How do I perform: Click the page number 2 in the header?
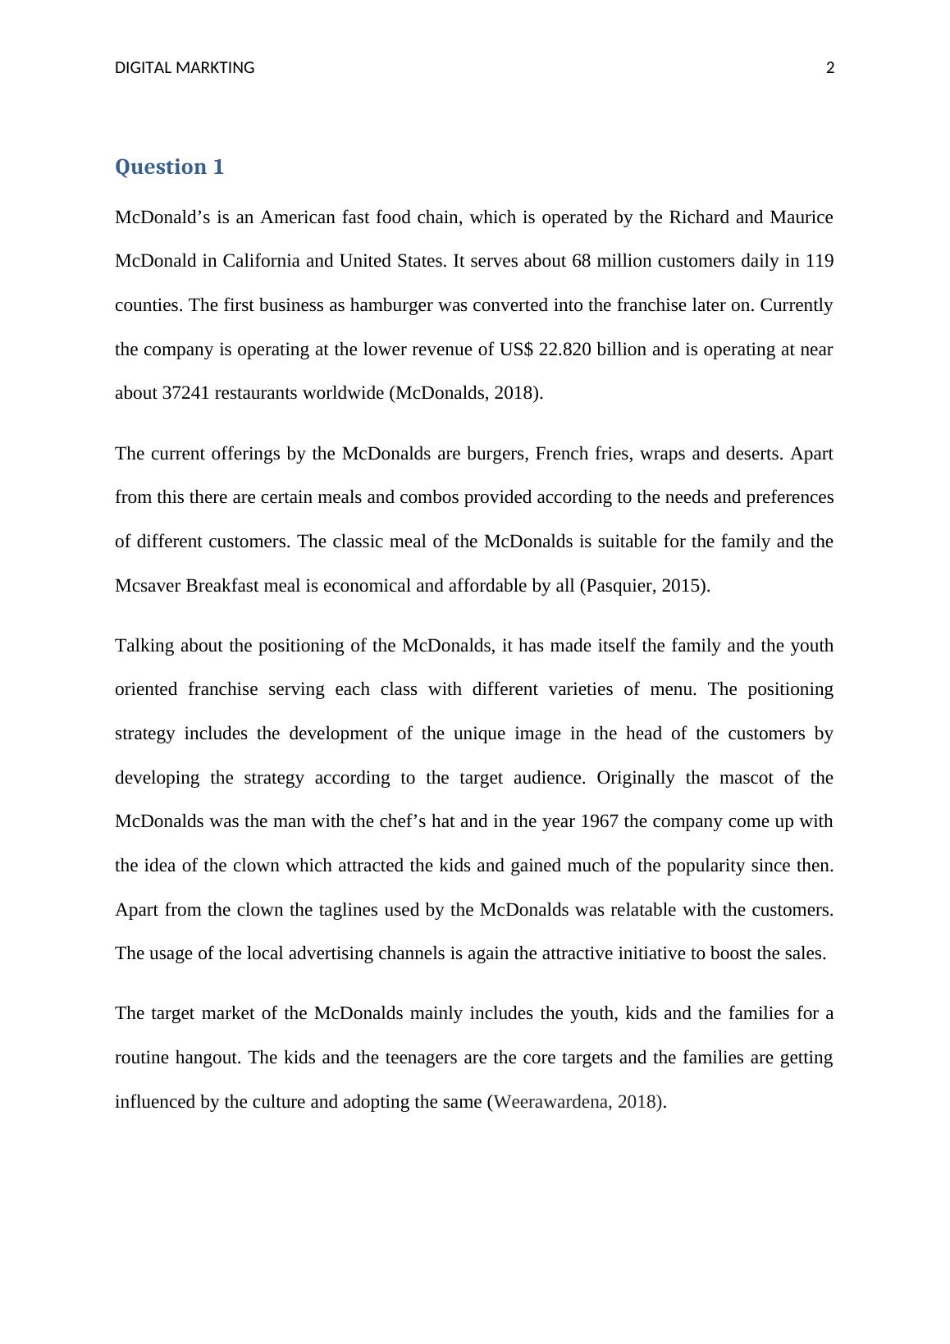829,68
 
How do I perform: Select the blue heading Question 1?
169,167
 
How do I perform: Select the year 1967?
600,822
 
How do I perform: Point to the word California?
263,262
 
